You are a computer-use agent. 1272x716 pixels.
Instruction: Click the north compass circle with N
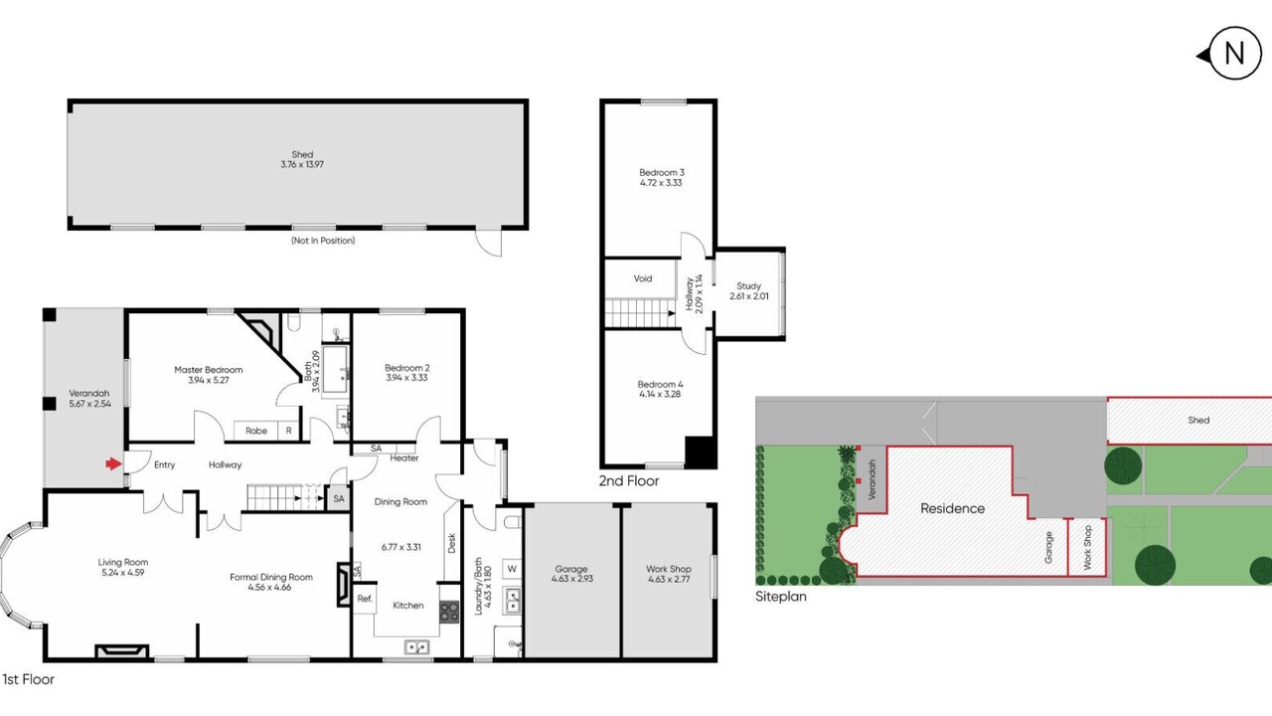point(1234,54)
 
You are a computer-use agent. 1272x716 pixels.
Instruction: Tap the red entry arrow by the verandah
point(113,464)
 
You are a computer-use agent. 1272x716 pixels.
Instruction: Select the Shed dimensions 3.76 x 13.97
point(302,165)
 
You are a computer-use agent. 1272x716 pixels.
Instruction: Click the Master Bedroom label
point(209,370)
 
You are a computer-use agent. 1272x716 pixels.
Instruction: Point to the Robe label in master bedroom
point(256,431)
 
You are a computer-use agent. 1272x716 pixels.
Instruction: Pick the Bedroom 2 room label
point(407,368)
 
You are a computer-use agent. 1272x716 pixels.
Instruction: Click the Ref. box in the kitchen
point(365,599)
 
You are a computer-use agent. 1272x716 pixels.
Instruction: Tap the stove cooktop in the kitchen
point(449,612)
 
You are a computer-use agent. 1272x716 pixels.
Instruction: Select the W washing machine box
point(512,569)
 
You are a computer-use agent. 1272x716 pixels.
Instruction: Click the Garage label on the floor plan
point(571,569)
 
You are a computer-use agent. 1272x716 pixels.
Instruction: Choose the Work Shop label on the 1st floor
point(669,569)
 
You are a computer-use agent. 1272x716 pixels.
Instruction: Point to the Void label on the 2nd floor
point(643,278)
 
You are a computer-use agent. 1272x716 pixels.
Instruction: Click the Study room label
point(748,285)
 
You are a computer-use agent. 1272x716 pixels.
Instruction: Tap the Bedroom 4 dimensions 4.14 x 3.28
point(661,395)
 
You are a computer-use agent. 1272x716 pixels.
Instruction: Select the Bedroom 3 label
point(662,172)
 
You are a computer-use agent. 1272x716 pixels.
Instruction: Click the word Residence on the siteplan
point(952,508)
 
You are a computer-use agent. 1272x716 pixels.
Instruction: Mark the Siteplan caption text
point(781,597)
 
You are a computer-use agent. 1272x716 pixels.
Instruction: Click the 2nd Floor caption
point(629,480)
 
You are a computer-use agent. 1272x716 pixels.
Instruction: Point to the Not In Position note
point(323,241)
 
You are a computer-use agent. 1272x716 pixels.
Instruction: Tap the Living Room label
point(122,563)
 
